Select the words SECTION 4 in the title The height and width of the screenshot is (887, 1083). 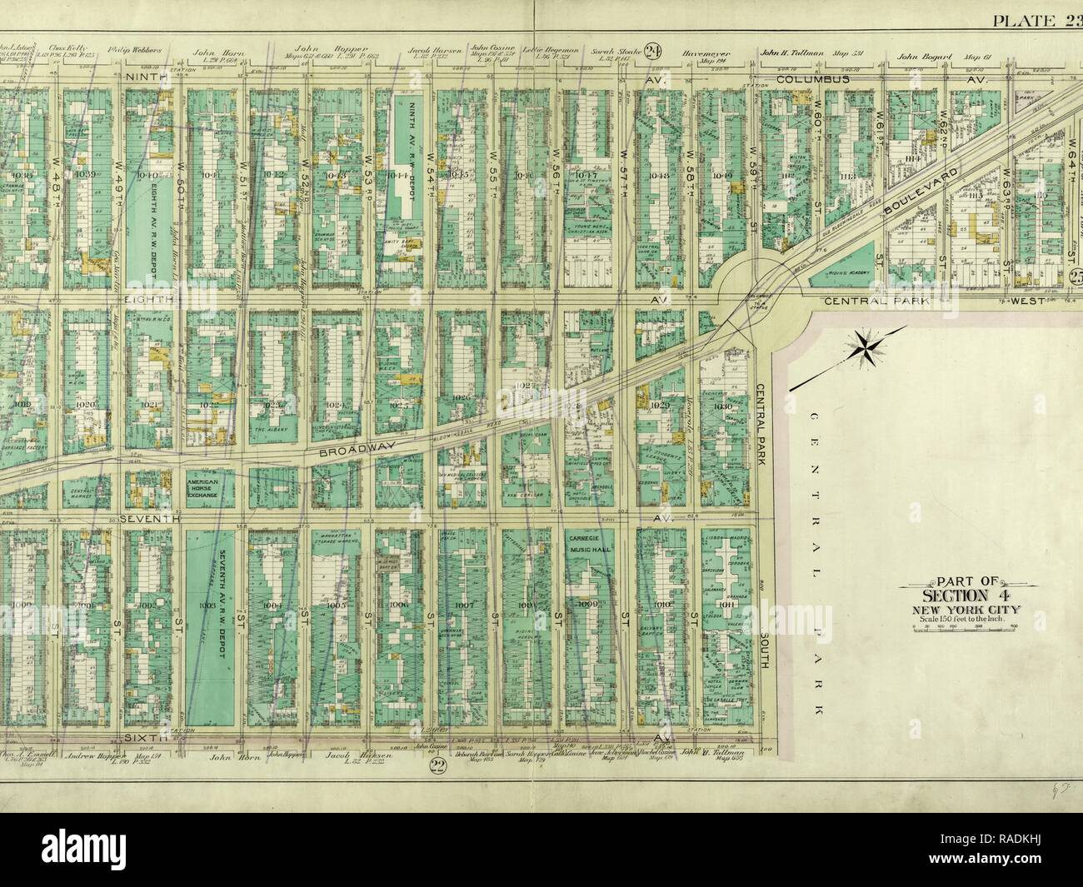[x=960, y=595]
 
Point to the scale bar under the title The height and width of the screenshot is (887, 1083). [x=960, y=630]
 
